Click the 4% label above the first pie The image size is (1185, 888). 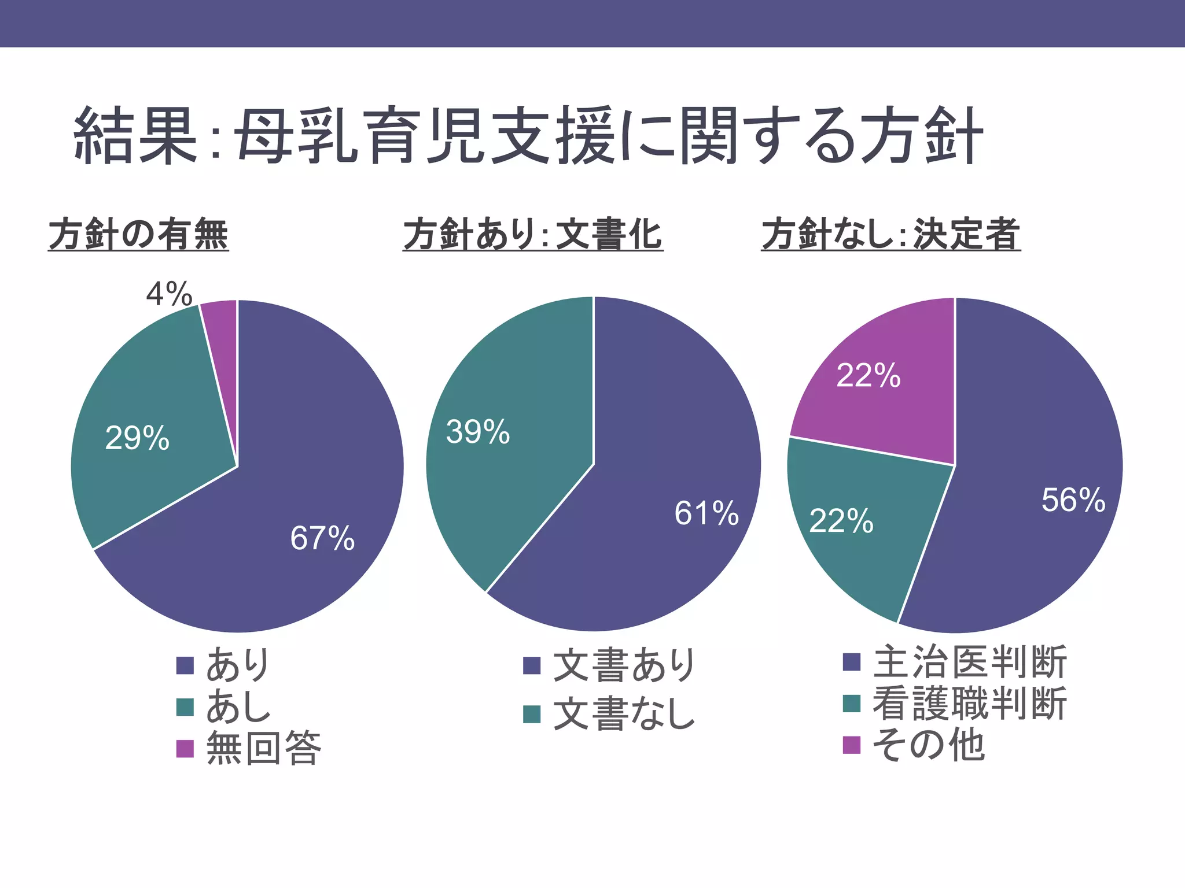(x=169, y=294)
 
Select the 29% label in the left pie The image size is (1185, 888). (x=137, y=438)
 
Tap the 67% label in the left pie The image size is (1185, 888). (x=322, y=538)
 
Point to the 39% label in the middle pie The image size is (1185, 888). (x=478, y=432)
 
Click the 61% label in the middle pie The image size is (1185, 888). (x=706, y=513)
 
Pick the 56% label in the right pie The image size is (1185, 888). (x=1073, y=500)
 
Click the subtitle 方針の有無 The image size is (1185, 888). (x=139, y=234)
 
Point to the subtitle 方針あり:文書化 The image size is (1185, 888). (x=533, y=234)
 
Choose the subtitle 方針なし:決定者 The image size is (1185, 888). (x=891, y=234)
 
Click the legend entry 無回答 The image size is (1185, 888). (x=264, y=748)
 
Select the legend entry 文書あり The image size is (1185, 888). (x=624, y=665)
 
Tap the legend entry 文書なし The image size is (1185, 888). (x=624, y=714)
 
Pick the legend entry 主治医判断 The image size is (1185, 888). (x=970, y=662)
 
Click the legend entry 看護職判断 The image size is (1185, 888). (x=970, y=704)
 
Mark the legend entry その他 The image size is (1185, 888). (x=928, y=745)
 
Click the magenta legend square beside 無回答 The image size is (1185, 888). (x=185, y=749)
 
